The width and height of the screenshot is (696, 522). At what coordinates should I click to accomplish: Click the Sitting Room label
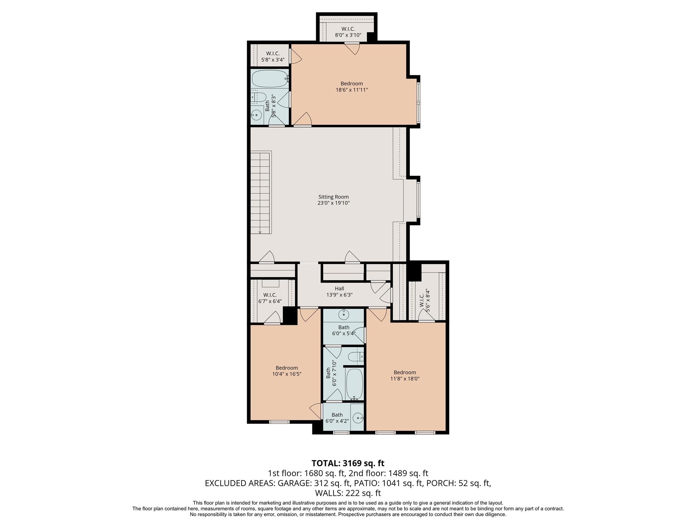tap(333, 197)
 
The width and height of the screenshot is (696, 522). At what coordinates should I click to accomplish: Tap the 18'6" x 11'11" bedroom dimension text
tap(352, 90)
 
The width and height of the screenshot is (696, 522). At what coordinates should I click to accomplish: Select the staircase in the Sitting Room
tap(261, 192)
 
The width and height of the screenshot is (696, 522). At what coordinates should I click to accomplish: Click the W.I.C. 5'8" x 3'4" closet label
tap(273, 57)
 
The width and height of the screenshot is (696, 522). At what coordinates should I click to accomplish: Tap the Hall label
tap(339, 289)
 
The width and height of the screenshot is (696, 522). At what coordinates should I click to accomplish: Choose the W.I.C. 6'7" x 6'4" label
tap(270, 298)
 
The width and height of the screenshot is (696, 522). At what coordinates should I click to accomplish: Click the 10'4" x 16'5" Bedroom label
tap(287, 371)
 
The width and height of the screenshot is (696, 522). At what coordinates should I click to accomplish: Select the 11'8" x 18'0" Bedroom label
tap(405, 376)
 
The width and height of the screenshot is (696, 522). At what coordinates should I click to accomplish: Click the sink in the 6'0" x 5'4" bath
tap(344, 314)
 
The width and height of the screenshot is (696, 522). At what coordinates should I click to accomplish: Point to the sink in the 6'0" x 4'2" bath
tap(358, 417)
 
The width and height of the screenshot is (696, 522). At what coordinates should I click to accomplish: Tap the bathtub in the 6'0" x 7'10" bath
tap(354, 384)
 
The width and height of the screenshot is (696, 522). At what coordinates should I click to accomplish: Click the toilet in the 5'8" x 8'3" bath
tap(258, 97)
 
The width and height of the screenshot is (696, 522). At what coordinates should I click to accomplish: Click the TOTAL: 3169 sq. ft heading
tap(348, 463)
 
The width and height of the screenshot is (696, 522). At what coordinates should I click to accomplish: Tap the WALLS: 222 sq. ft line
tap(348, 493)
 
